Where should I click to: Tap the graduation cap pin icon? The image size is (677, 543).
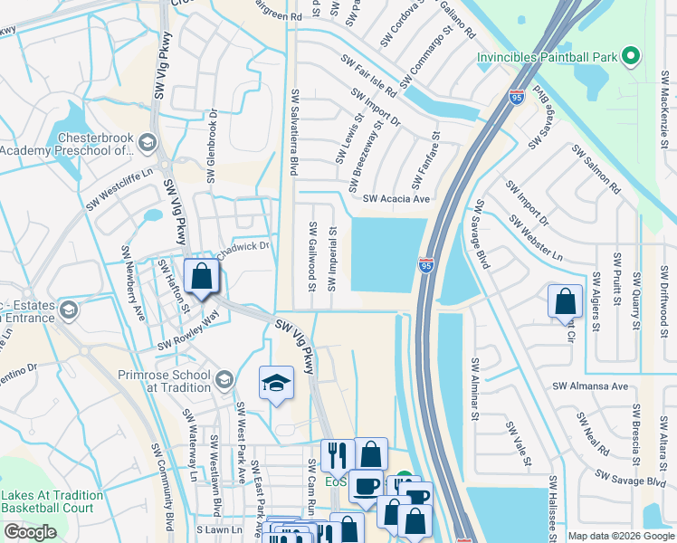coord(276,382)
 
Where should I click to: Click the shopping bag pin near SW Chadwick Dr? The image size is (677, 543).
coord(202,276)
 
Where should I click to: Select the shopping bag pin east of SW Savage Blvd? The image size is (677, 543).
coord(565,300)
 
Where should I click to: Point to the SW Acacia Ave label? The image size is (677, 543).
coord(396,199)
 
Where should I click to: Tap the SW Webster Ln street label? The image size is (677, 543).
coord(536,238)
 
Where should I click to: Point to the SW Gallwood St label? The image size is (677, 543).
coord(312,258)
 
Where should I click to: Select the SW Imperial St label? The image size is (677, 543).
coord(332,258)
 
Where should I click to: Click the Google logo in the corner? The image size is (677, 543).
coord(30,532)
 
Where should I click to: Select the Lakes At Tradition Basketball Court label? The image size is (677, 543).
coord(52,501)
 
